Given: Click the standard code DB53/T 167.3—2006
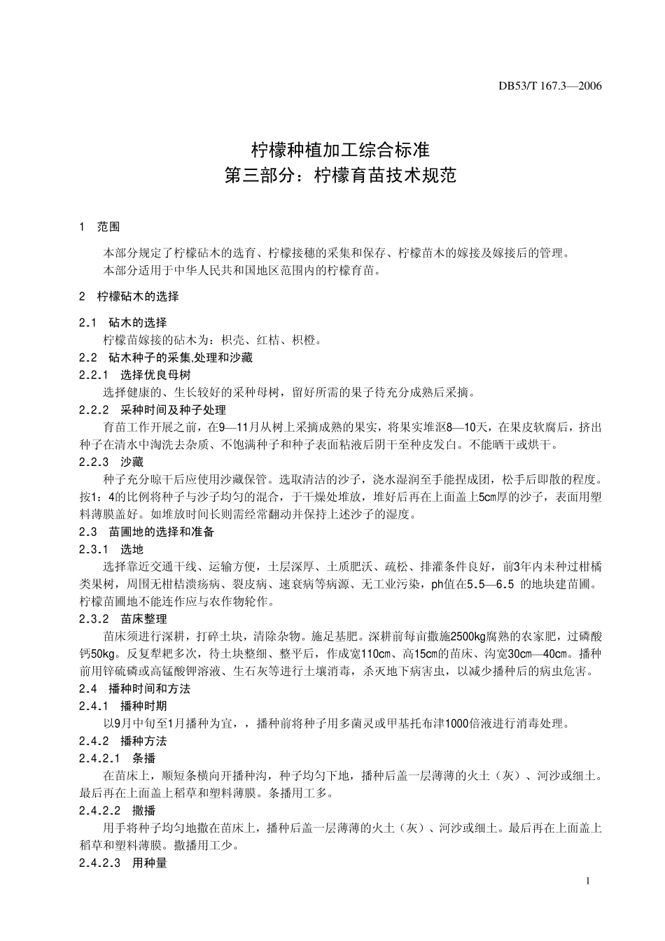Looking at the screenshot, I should tap(549, 87).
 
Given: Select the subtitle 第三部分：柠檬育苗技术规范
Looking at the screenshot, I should tap(339, 175).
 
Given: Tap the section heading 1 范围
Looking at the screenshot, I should tap(100, 227).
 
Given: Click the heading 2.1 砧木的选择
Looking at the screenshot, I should tap(123, 323).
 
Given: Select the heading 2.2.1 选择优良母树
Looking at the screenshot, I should tap(135, 375).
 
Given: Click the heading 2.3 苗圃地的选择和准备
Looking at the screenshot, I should tap(147, 532).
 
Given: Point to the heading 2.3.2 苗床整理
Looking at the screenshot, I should tap(123, 619).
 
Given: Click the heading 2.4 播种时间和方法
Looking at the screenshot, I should tap(135, 688).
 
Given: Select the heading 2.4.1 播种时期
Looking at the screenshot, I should tap(123, 706).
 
